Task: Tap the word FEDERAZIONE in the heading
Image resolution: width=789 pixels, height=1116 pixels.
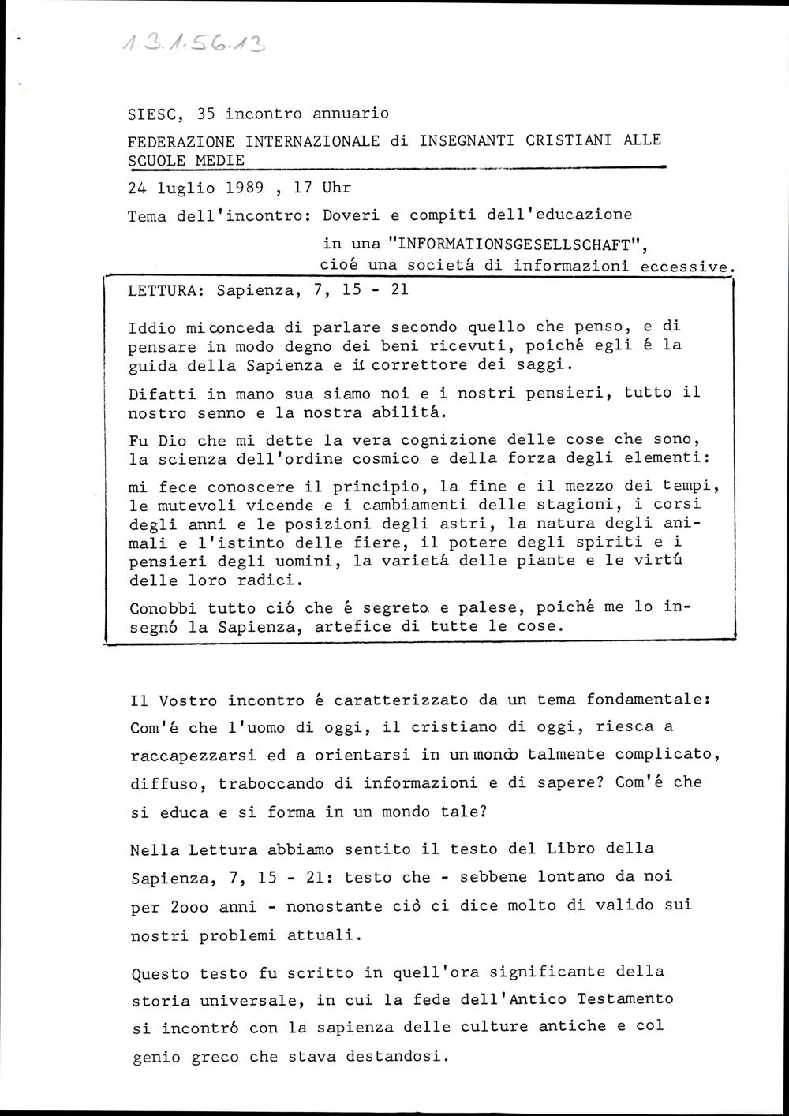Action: [181, 141]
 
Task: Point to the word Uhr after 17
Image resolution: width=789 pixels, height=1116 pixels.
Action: [335, 188]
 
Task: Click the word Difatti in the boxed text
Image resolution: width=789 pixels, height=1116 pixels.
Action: [161, 392]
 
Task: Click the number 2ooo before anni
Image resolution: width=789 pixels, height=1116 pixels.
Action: [190, 907]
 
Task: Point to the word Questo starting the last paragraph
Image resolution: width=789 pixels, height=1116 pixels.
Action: [156, 973]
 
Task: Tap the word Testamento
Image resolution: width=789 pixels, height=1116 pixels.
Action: [625, 998]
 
